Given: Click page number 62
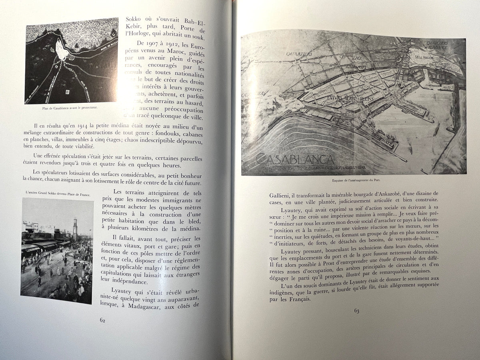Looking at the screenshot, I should coord(102,320).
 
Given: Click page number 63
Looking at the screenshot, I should coord(356,311).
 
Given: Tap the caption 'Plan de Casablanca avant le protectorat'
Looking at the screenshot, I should coord(72,108).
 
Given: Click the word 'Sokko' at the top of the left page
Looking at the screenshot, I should coord(136,19).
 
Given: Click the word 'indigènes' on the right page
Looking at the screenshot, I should coord(280,292).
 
